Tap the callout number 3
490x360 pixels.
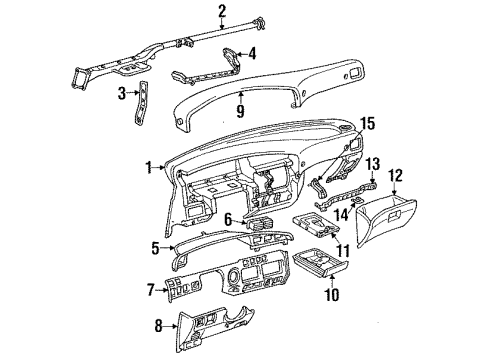(121, 95)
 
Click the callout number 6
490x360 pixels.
(228, 218)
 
